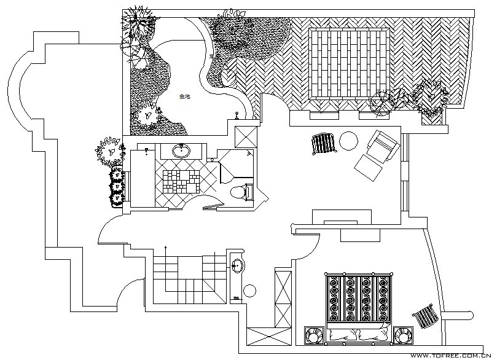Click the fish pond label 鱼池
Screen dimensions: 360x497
(x=184, y=96)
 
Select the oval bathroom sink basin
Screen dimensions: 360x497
(x=181, y=151)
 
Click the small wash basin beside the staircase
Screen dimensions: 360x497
(x=237, y=266)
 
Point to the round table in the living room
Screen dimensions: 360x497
(x=348, y=140)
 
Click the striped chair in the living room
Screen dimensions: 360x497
(x=323, y=144)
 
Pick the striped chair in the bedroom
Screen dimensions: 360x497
(x=426, y=316)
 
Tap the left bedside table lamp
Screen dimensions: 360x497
(x=313, y=336)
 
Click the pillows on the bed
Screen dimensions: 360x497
(x=357, y=334)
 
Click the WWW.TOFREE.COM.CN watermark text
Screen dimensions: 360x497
(x=450, y=355)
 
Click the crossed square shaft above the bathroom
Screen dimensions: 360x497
(x=247, y=136)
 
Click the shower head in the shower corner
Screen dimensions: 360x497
(x=249, y=152)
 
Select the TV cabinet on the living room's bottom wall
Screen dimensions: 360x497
(x=342, y=217)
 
